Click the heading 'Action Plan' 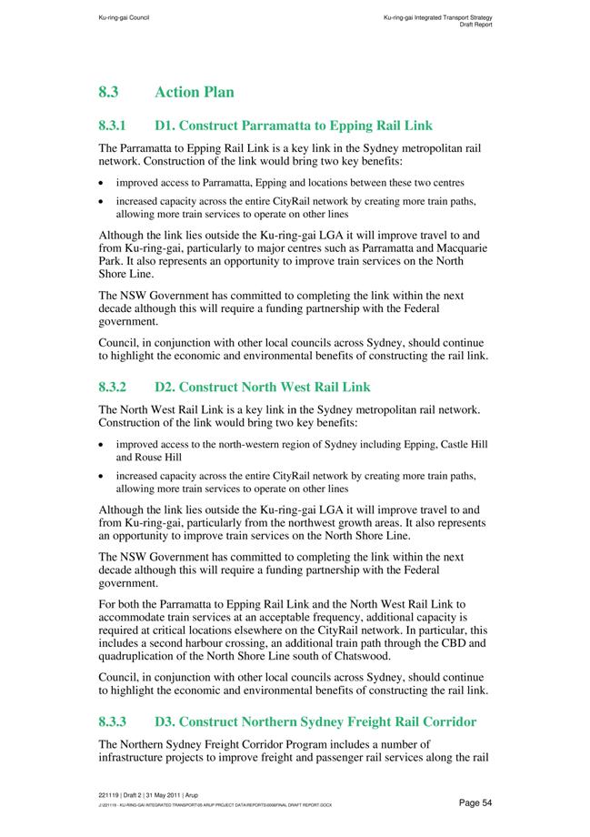pyautogui.click(x=195, y=92)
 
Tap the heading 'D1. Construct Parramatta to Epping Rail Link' pyautogui.click(x=294, y=126)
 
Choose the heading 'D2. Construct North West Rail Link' pyautogui.click(x=263, y=387)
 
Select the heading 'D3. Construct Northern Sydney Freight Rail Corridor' pyautogui.click(x=315, y=722)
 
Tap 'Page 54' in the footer pyautogui.click(x=475, y=802)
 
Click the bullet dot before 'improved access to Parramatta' pyautogui.click(x=102, y=182)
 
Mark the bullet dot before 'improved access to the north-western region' pyautogui.click(x=102, y=444)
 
